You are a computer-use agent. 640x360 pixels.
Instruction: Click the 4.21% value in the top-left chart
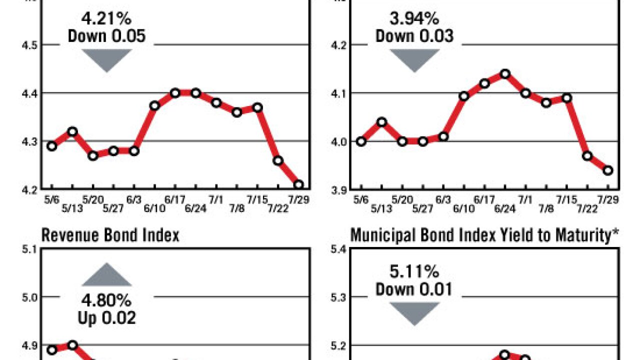tap(106, 20)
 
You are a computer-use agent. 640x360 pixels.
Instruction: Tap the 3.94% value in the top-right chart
tap(414, 20)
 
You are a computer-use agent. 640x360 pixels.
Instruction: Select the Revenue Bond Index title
tap(110, 235)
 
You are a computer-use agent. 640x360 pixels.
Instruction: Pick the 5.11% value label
tap(414, 272)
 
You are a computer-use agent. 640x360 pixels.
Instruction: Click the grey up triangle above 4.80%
tap(106, 275)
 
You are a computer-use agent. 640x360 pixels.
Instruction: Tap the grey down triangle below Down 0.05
tap(106, 59)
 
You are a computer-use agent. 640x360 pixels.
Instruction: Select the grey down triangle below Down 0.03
tap(414, 59)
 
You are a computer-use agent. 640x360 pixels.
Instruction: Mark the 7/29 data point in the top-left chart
tap(298, 185)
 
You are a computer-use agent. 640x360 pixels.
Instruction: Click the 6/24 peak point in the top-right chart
tap(505, 74)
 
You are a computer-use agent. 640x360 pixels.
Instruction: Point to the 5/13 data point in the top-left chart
tap(72, 131)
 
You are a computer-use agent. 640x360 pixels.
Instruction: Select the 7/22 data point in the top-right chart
tap(587, 156)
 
